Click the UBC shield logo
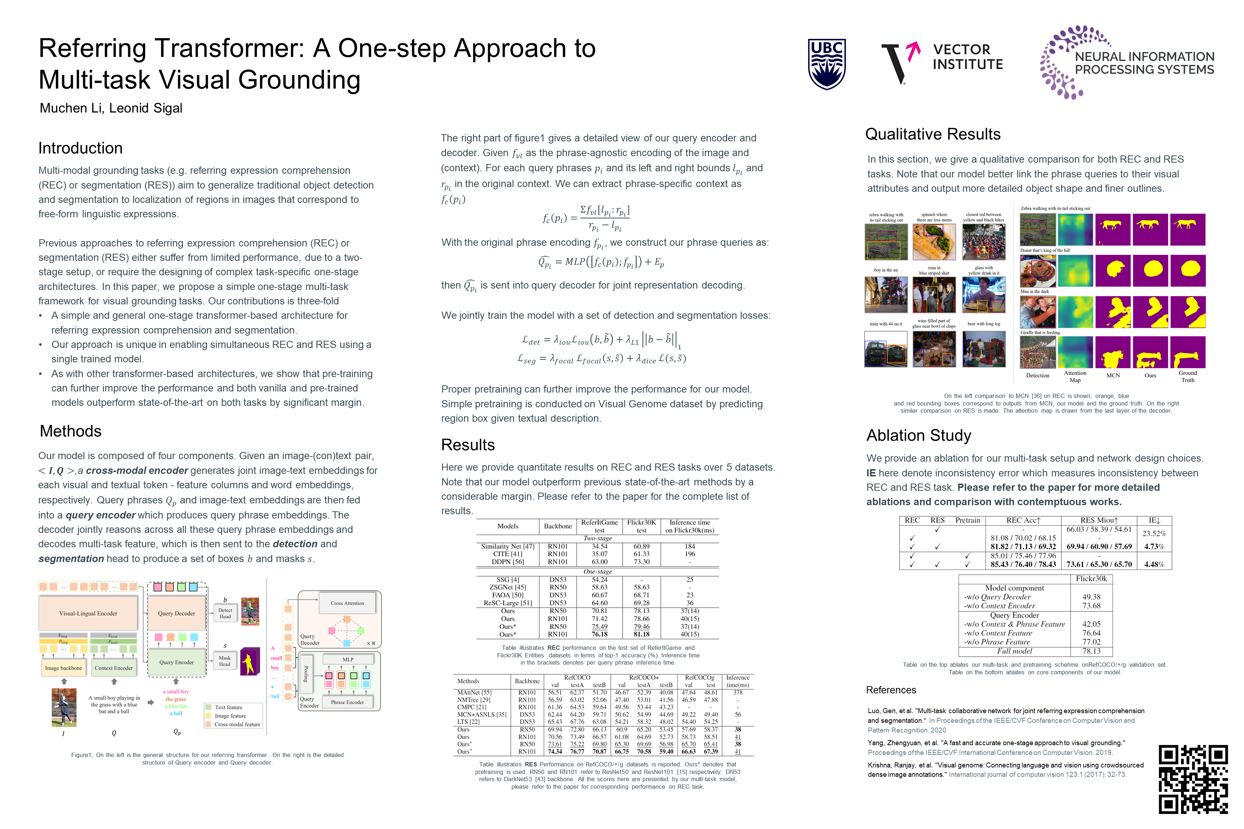[827, 64]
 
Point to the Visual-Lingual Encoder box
[88, 613]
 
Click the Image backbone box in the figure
[63, 668]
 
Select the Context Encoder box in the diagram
[114, 668]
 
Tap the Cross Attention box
[347, 603]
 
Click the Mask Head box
[225, 661]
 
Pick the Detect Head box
[225, 613]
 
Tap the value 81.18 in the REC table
[641, 634]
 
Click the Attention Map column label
[1075, 376]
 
